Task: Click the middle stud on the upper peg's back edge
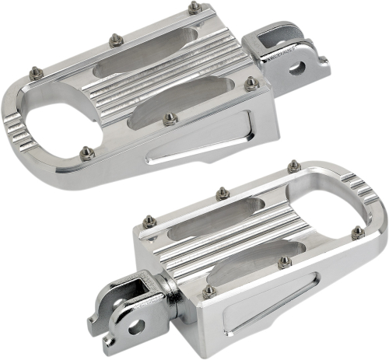(x=115, y=40)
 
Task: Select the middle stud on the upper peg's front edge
(x=170, y=118)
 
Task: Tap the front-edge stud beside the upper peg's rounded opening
(x=87, y=152)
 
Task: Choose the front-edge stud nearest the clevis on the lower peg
(x=209, y=292)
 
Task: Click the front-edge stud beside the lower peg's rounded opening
(x=285, y=261)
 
